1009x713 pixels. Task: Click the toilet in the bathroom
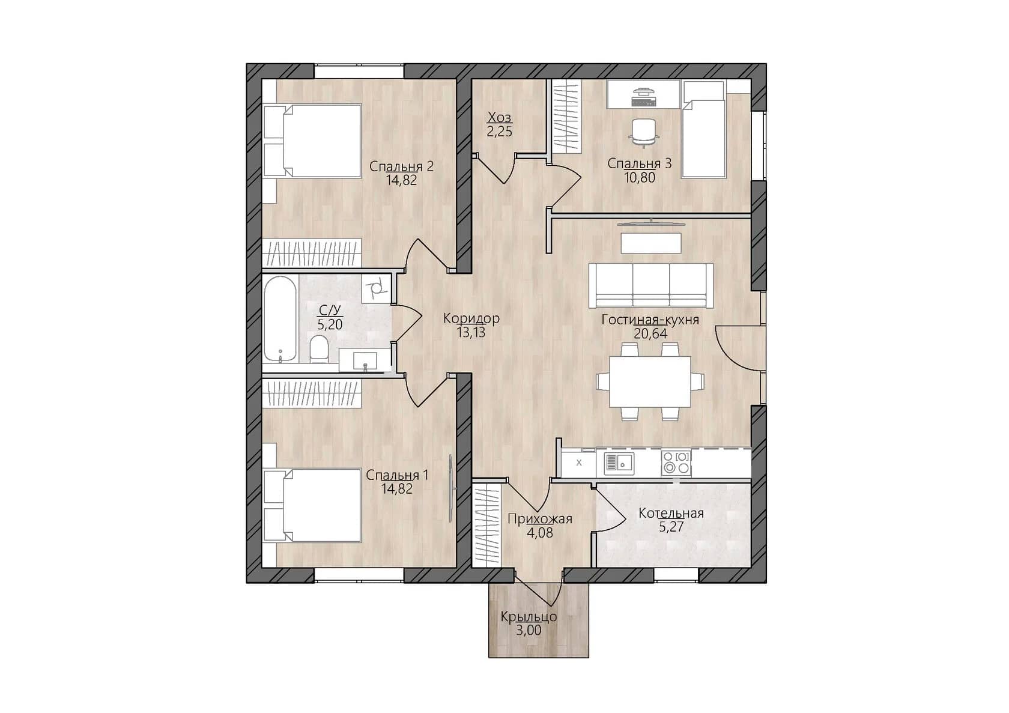click(319, 349)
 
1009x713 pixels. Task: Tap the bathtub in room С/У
click(280, 318)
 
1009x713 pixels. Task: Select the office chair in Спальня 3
click(644, 132)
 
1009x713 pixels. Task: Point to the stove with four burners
click(676, 463)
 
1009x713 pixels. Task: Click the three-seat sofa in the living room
click(651, 285)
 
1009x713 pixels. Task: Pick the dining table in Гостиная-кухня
click(650, 381)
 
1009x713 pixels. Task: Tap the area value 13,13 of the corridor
click(471, 332)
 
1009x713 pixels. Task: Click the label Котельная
click(671, 513)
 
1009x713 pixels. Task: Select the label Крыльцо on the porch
click(529, 617)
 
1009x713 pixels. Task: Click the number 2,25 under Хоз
click(500, 132)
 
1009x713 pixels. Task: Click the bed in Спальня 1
click(312, 505)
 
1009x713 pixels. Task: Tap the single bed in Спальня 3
click(703, 129)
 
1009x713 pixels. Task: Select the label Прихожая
click(539, 519)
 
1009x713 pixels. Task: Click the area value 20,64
click(650, 333)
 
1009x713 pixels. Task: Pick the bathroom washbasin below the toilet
click(365, 360)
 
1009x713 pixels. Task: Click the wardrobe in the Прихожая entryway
click(488, 524)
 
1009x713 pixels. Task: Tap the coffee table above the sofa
click(651, 243)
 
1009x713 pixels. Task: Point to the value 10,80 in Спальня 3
click(640, 177)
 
